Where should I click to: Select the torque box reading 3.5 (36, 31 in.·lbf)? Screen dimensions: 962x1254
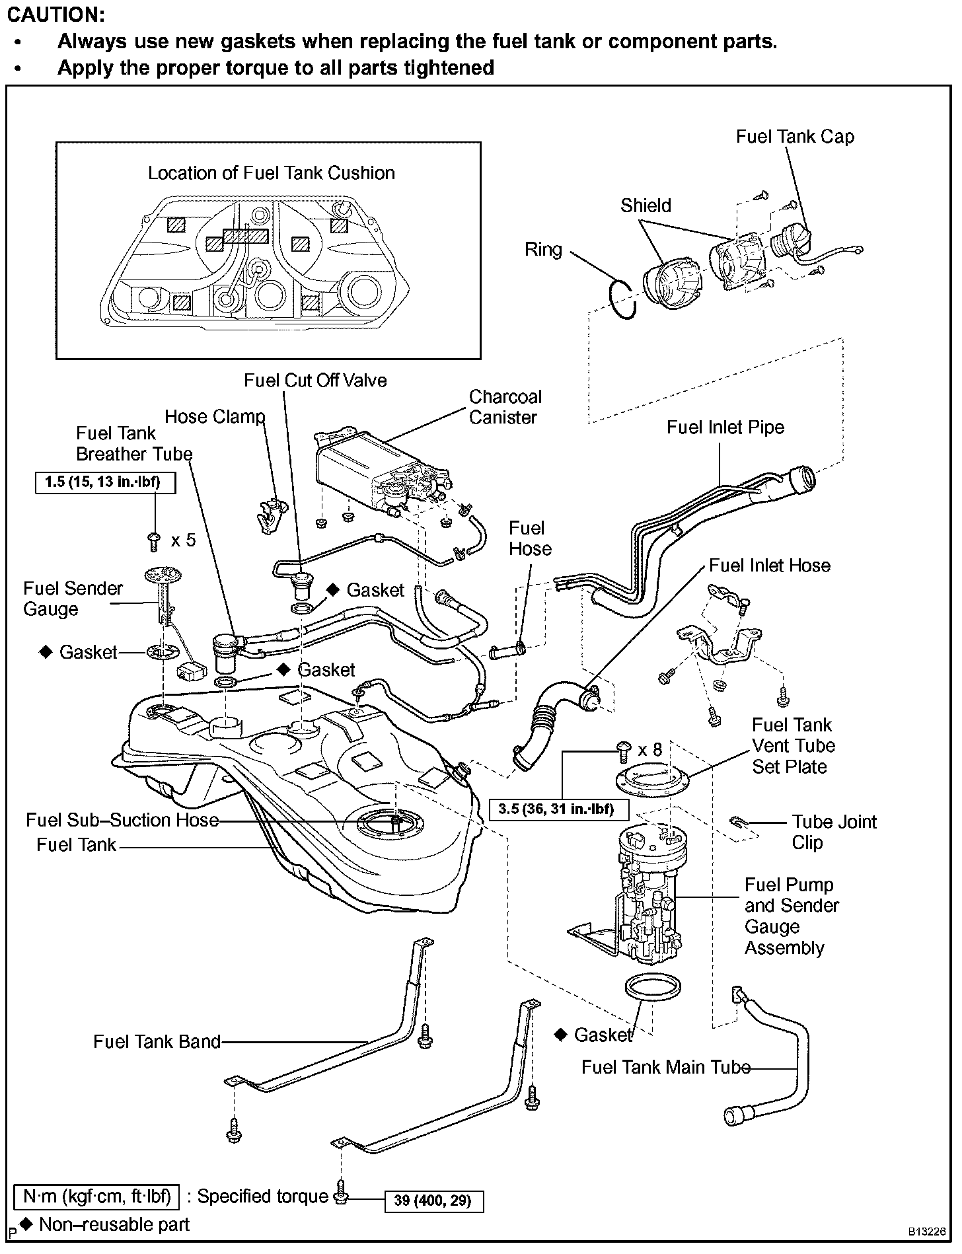(559, 809)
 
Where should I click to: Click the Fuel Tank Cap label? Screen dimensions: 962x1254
(795, 137)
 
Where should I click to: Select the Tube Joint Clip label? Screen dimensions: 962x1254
(834, 832)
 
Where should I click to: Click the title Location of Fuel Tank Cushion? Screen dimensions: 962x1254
(272, 173)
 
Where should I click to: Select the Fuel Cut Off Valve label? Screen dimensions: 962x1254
(315, 381)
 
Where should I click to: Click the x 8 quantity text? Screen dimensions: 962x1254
(649, 749)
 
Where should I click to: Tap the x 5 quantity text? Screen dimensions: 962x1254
(184, 540)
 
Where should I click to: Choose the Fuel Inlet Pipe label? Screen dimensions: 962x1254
(725, 427)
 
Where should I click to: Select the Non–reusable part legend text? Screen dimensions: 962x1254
(114, 1225)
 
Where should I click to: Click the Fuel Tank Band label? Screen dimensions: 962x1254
(157, 1042)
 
